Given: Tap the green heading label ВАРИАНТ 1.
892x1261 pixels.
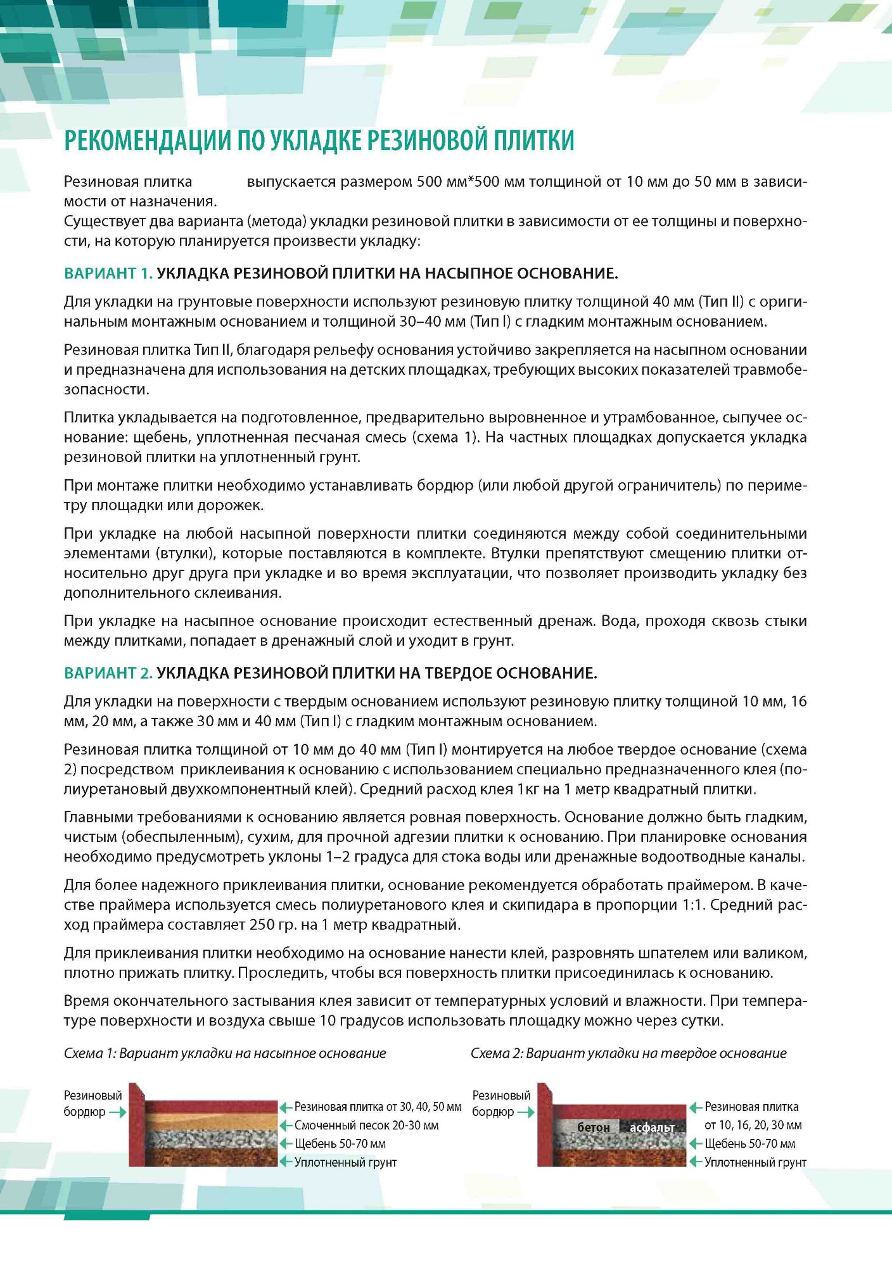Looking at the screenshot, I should [x=108, y=273].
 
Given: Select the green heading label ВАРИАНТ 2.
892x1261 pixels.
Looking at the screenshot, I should [x=108, y=673].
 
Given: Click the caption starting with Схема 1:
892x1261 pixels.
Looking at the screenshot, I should [x=225, y=1053].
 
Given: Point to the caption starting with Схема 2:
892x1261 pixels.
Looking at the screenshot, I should [x=628, y=1053].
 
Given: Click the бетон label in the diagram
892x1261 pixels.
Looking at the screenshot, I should [x=593, y=1127].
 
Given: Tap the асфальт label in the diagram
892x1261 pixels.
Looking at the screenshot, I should [x=652, y=1127].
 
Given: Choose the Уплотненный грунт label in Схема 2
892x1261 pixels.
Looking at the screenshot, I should [x=755, y=1162].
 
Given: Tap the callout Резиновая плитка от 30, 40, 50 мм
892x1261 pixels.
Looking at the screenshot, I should [x=378, y=1107].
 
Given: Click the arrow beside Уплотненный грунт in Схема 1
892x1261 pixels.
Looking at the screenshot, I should [x=286, y=1162].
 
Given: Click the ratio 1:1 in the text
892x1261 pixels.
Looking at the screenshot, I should [x=692, y=905].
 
